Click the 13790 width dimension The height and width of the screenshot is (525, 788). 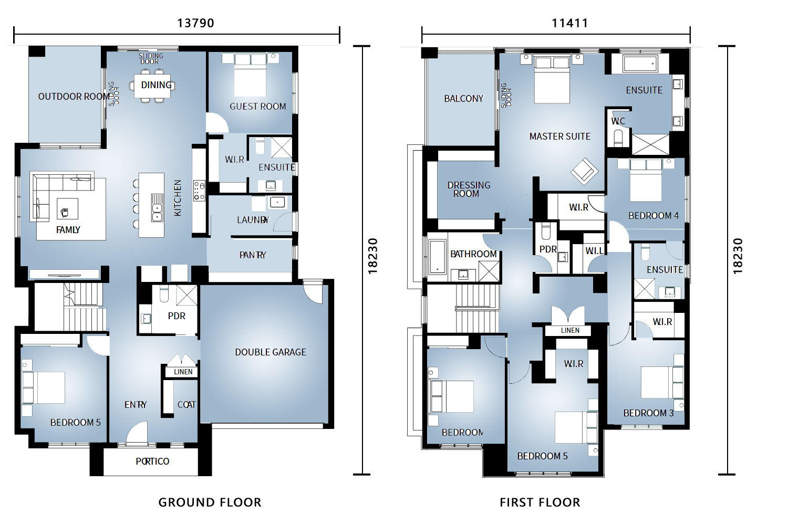coord(195,23)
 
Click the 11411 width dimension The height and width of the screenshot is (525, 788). coord(569,23)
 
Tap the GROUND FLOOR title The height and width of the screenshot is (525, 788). coord(210,502)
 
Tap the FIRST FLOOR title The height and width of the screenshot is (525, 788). coord(540,502)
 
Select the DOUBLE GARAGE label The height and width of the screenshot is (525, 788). coord(271,352)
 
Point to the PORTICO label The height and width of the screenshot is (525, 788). coord(152,461)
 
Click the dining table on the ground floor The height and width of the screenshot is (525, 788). coord(152,86)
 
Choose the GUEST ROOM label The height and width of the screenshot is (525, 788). coord(258,106)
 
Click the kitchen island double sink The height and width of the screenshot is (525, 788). coord(157,207)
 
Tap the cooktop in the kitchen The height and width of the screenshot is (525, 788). coord(199,191)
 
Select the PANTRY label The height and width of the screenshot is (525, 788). coord(253,255)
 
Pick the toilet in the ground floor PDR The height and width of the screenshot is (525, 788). coord(164,294)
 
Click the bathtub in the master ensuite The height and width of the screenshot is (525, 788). coord(640,64)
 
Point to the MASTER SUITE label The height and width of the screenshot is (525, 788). coord(559,136)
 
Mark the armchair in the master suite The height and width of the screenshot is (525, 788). coord(584,171)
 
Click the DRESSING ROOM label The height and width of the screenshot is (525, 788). coord(469,189)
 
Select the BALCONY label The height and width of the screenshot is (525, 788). coord(464,99)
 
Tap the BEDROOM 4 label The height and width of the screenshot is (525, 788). coord(654,216)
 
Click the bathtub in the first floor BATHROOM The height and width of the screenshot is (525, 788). coord(437,257)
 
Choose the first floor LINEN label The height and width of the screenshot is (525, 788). coord(570,330)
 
